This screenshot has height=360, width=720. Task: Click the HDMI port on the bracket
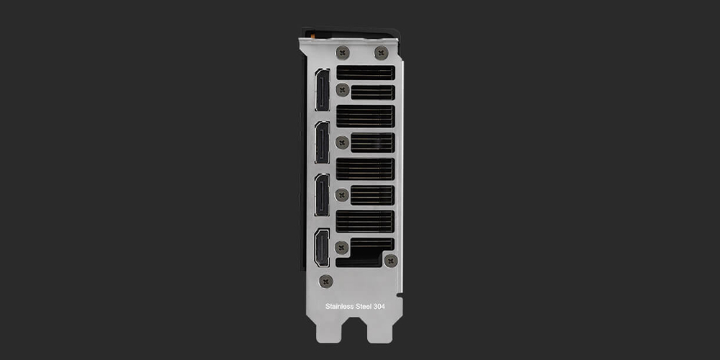(x=322, y=248)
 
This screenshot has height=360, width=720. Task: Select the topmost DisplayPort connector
(x=323, y=90)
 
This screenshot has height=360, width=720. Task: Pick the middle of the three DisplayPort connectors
(x=323, y=143)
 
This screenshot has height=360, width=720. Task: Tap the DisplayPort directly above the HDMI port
(x=323, y=194)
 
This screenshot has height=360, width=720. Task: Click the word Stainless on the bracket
(x=341, y=306)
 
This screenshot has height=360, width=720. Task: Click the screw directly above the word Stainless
(x=326, y=281)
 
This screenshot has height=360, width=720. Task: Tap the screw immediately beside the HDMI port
(x=341, y=248)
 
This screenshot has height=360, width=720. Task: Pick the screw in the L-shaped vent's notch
(x=391, y=261)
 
